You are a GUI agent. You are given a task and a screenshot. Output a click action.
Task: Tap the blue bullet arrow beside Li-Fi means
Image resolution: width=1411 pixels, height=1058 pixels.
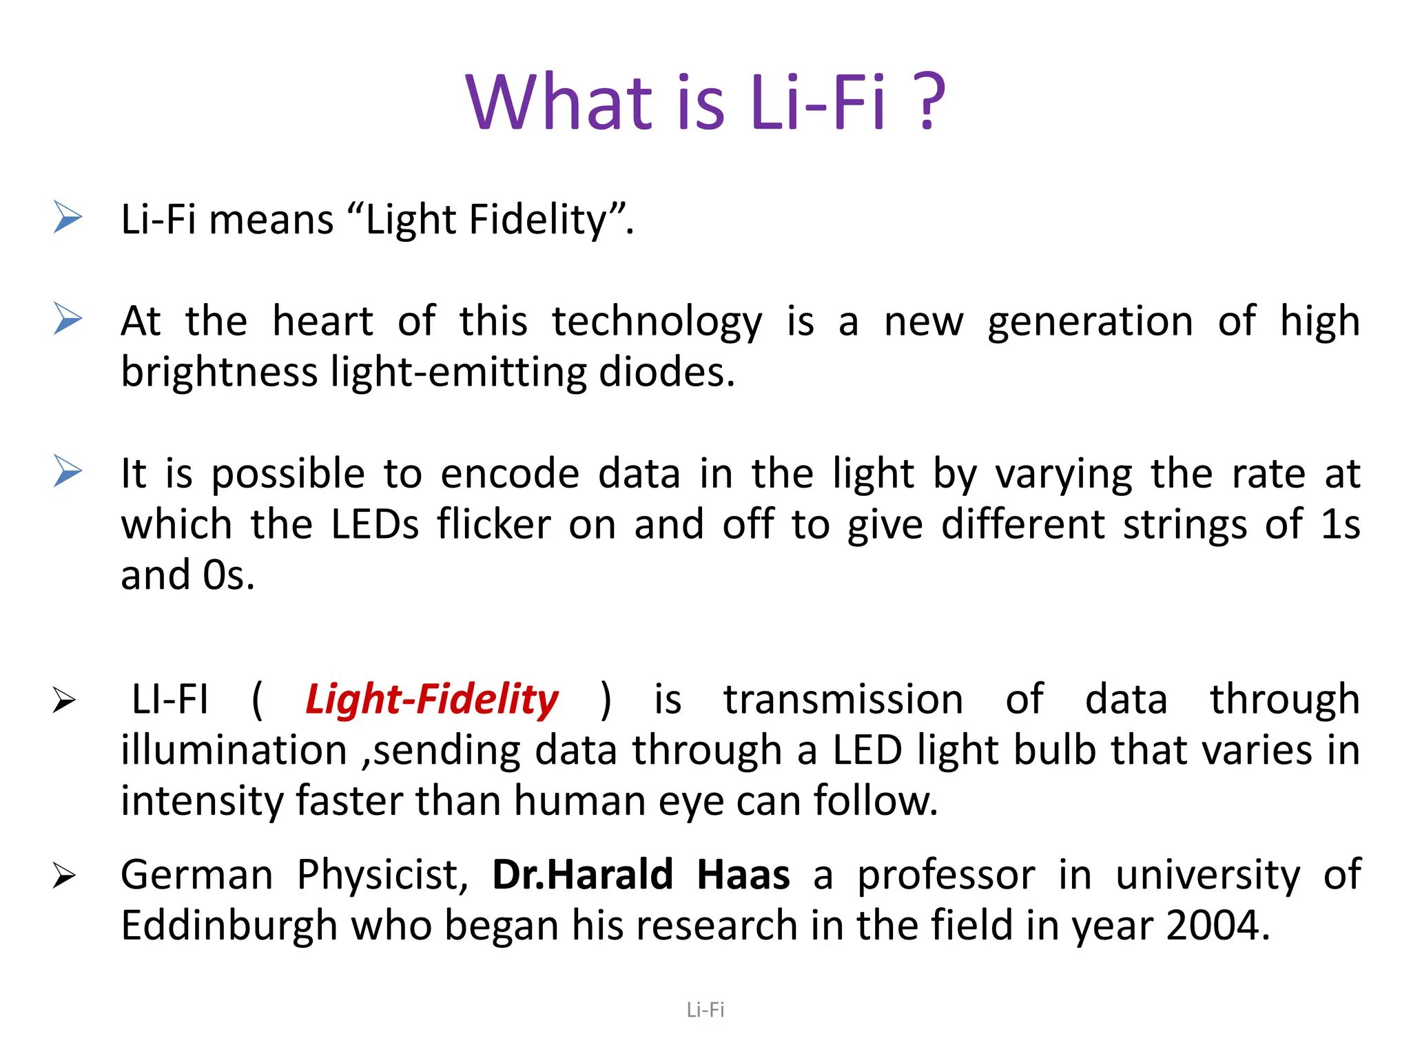(68, 218)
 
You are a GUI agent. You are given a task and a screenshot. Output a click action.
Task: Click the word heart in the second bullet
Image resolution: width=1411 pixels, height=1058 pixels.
(322, 321)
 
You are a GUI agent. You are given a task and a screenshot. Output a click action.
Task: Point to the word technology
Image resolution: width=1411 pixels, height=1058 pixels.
(657, 322)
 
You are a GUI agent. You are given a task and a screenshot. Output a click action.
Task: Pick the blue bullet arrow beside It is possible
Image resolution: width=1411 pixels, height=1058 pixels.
(68, 471)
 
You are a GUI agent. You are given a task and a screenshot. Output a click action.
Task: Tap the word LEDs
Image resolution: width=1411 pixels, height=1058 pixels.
(375, 524)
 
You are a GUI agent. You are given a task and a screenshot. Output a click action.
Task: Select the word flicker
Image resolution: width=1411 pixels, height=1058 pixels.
(494, 524)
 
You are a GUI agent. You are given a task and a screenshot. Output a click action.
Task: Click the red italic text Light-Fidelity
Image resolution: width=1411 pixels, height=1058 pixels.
(432, 700)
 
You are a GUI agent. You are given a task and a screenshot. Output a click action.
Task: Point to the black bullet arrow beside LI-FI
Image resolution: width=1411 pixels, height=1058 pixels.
(64, 701)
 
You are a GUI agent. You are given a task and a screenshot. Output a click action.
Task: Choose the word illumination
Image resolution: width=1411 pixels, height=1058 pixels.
(234, 750)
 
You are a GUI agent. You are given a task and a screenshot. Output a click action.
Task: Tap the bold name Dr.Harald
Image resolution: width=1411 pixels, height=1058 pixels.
(583, 875)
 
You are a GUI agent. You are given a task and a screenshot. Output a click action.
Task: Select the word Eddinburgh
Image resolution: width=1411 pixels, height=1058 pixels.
(229, 926)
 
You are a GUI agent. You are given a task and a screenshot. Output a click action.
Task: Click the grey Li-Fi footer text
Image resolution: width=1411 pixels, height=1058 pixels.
(705, 1010)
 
